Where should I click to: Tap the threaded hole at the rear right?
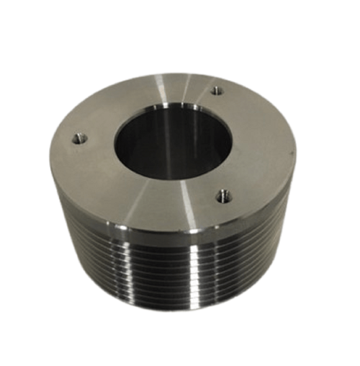(217, 91)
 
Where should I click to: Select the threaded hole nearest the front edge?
(222, 197)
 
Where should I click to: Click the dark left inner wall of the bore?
(127, 146)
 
